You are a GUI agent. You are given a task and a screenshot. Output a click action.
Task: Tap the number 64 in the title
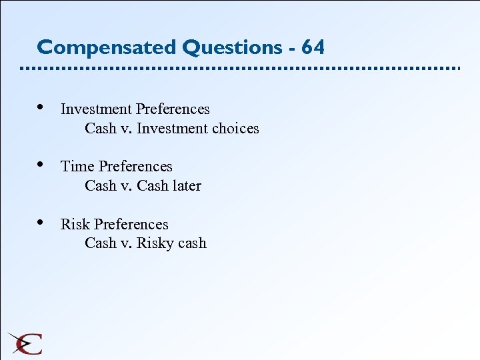click(313, 48)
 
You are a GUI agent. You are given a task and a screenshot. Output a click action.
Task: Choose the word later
click(187, 186)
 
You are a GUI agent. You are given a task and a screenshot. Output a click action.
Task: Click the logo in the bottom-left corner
click(25, 343)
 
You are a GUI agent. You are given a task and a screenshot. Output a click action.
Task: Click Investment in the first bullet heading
click(96, 109)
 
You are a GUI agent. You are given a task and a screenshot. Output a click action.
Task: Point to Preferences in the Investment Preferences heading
click(173, 109)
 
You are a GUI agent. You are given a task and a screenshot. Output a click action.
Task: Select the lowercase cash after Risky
click(193, 243)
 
